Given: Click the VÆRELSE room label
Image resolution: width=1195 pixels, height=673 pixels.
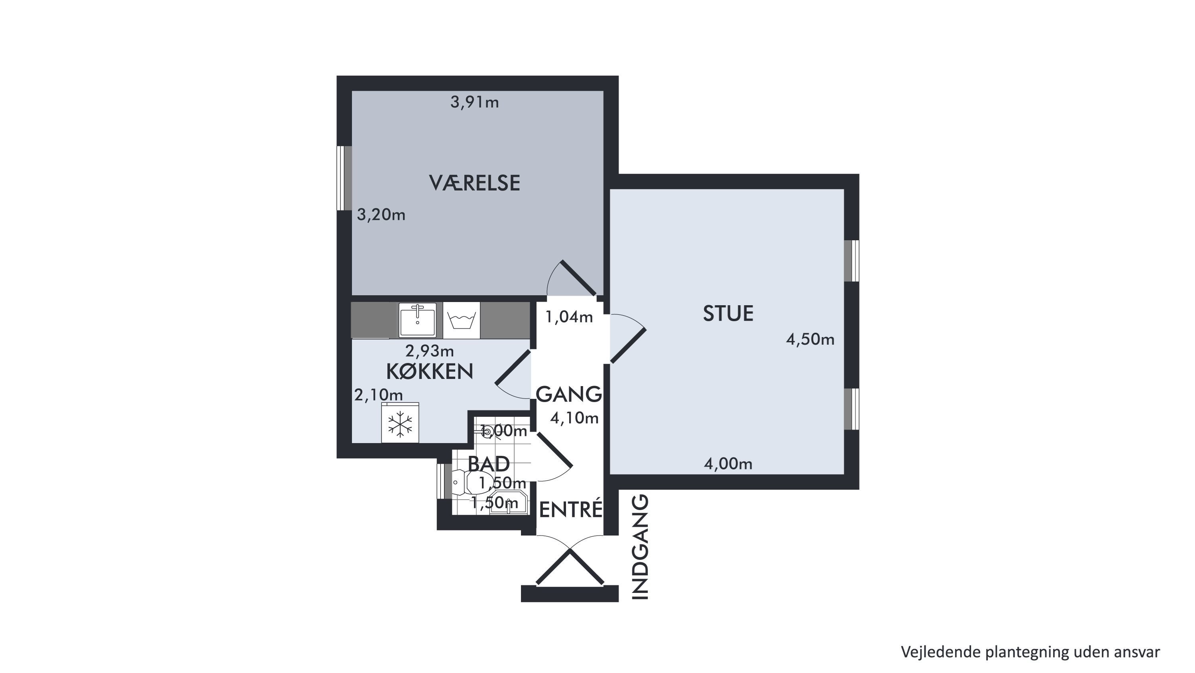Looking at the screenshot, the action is [475, 183].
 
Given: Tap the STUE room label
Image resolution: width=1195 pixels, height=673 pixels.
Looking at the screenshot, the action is [728, 314].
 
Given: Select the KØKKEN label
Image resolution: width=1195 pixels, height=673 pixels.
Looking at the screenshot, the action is [430, 371].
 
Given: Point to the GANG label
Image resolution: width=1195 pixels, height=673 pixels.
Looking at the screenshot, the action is [569, 394].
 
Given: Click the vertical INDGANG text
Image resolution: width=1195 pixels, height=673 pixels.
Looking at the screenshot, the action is [640, 547].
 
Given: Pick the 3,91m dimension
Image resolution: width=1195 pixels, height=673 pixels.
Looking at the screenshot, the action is [475, 102].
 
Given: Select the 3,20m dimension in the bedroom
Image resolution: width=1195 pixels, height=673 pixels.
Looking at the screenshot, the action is [381, 215].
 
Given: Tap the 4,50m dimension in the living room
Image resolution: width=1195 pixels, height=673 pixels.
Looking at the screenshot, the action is [810, 339].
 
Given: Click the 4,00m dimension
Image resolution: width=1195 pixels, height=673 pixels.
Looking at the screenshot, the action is [728, 464].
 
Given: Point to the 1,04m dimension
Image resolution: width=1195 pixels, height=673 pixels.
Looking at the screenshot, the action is [569, 317].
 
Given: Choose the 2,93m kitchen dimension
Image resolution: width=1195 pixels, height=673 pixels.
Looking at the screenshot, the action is [430, 351].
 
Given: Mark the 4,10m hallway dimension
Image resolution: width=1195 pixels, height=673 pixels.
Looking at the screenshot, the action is [574, 418].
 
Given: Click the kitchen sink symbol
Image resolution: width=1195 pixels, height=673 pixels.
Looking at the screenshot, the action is [417, 320].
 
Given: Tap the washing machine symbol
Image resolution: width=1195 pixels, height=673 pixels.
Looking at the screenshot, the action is [462, 320].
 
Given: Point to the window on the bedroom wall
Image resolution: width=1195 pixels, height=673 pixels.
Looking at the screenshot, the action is [344, 178].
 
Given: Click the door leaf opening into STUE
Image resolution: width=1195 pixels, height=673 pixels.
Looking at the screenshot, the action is [628, 345].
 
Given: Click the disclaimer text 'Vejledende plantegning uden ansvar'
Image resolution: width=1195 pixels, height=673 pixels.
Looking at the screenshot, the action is [1030, 651].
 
